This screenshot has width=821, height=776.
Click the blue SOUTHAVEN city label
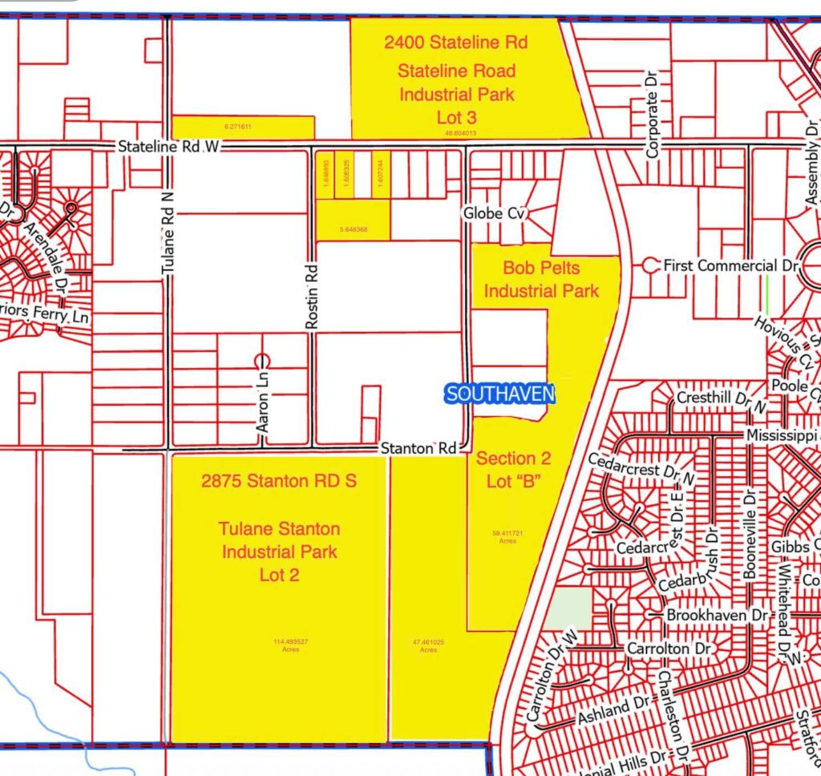[499, 394]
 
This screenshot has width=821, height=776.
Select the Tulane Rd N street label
[168, 238]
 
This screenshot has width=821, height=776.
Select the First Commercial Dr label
[720, 265]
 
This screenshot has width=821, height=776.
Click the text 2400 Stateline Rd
[455, 42]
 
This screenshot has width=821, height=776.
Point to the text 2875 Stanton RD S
[279, 481]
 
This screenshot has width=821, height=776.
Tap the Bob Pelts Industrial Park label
[541, 278]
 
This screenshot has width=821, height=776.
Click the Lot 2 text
[279, 575]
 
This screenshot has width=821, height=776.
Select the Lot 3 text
[456, 118]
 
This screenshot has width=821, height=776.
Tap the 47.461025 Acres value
[427, 645]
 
